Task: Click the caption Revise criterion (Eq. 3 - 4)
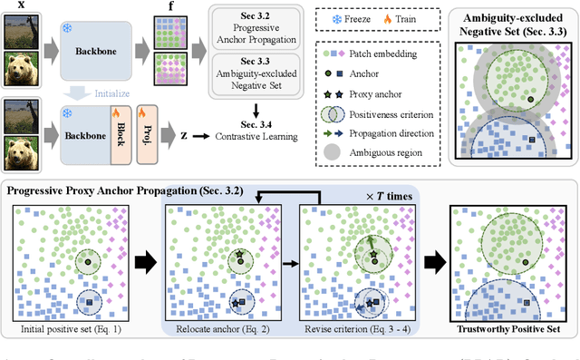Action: [350, 327]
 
